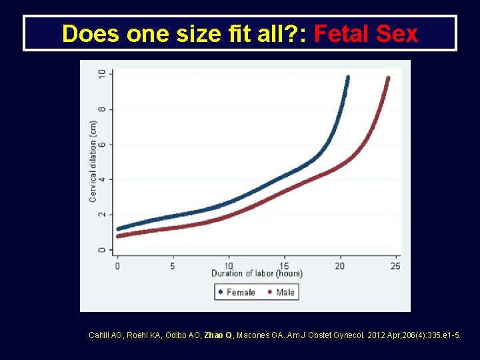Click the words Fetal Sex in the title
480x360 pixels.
(x=366, y=33)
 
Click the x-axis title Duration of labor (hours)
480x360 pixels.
(x=257, y=274)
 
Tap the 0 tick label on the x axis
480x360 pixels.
(x=118, y=265)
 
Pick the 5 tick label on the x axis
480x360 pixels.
(x=173, y=265)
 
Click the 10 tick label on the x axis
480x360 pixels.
(x=229, y=265)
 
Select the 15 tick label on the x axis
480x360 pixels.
(x=284, y=265)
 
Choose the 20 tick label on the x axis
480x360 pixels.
(x=340, y=265)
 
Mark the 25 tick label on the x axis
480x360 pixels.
(x=395, y=265)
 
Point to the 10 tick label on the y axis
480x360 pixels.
(x=101, y=74)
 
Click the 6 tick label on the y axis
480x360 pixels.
(x=101, y=144)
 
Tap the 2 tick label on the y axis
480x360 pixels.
(x=101, y=215)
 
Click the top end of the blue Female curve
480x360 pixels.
(x=347, y=78)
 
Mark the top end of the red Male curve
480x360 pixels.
(x=387, y=79)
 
